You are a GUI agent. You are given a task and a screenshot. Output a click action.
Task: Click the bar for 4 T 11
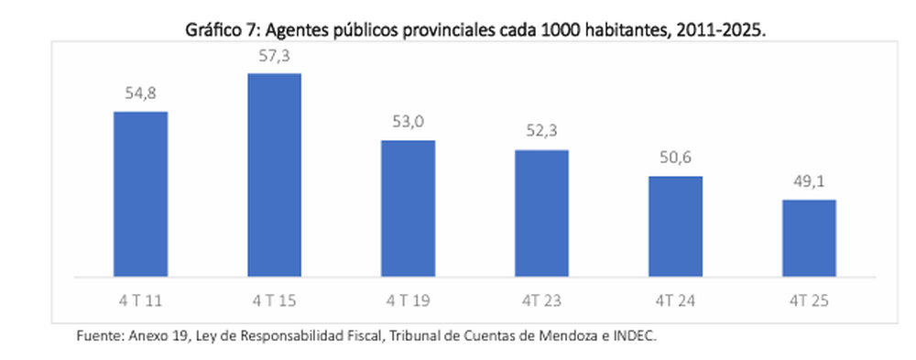pos(140,193)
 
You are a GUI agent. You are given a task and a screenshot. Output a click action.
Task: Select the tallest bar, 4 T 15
pos(275,174)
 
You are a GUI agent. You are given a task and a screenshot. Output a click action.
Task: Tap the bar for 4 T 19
pos(408,208)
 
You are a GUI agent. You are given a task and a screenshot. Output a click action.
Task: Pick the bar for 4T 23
pos(541,213)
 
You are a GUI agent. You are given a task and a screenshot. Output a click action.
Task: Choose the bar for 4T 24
pos(675,225)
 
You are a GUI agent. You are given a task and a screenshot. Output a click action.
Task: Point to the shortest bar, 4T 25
pos(809,237)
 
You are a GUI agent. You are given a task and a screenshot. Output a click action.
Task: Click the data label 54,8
pos(141,93)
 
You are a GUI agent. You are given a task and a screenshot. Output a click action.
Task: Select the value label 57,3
pos(275,55)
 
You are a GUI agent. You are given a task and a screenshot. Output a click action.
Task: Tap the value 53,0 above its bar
pos(409,123)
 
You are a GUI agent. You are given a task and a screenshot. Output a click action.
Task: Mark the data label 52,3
pos(542,132)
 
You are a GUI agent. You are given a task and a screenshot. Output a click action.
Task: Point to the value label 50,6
pos(676,158)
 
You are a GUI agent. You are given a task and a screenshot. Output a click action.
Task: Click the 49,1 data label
pos(810,181)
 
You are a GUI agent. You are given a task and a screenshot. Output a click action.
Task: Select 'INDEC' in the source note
pos(636,336)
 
